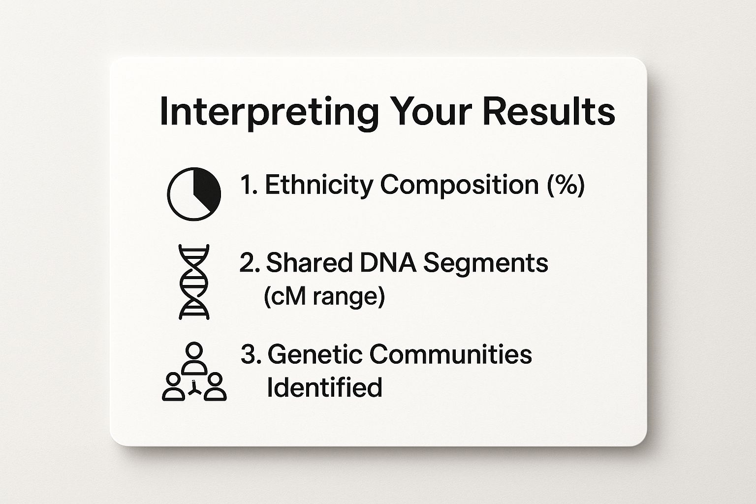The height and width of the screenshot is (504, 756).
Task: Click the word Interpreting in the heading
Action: (x=269, y=113)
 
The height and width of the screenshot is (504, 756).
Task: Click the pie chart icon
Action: (x=194, y=194)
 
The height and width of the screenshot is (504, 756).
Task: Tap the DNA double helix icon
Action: (x=194, y=282)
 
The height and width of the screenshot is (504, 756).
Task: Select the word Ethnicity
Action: (x=319, y=186)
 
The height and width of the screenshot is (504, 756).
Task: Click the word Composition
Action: (x=460, y=186)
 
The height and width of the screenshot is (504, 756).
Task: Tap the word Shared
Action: (x=309, y=263)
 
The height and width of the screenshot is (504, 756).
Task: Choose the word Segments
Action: (x=486, y=264)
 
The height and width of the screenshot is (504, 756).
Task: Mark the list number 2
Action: (x=250, y=263)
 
